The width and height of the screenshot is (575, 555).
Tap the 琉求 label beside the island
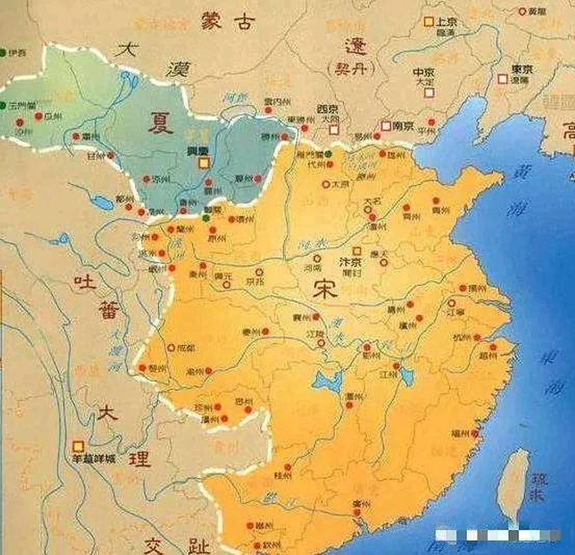(540, 486)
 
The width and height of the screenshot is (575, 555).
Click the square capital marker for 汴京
(356, 251)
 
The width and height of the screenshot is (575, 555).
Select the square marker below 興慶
(203, 163)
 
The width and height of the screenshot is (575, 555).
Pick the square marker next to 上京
(428, 21)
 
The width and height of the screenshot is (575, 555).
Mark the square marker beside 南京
(386, 126)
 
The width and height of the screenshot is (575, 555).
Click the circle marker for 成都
(171, 347)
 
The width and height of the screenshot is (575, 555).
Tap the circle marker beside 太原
(326, 184)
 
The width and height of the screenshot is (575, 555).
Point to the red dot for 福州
(476, 433)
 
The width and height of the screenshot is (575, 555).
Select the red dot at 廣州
(357, 512)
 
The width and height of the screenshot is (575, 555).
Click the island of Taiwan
(514, 486)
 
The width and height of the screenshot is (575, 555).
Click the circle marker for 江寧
(452, 303)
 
